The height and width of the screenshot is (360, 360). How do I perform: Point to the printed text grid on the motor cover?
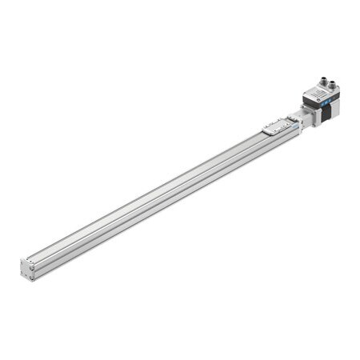(x=317, y=94)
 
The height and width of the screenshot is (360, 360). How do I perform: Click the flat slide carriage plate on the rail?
(x=278, y=124)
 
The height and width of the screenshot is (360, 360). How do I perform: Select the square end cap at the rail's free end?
(x=26, y=270)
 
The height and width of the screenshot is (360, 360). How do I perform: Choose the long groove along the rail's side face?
(x=160, y=204)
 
